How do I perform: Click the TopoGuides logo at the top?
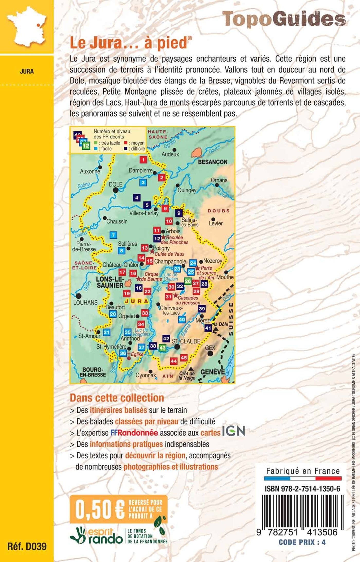coord(284,19)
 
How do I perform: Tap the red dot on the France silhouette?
coord(38,25)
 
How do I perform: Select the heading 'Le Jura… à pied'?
coord(131,43)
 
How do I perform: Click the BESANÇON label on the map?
coord(213,162)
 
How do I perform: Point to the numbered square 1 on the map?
coord(143,160)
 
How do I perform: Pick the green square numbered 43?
coord(163,348)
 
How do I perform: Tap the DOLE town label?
coord(115,184)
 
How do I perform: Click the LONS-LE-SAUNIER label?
coord(110,282)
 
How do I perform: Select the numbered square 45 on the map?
coord(184,357)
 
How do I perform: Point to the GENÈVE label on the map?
coord(212,372)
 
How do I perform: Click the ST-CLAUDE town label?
coord(186,341)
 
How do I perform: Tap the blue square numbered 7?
coord(113,235)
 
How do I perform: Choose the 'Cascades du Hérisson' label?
coord(188,300)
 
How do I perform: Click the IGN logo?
coord(233,431)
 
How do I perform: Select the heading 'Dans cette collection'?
coord(117,398)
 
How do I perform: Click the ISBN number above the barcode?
coord(302,489)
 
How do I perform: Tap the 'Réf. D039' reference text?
coord(27,546)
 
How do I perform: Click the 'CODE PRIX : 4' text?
coord(302,542)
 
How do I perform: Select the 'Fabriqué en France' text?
coord(303,471)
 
